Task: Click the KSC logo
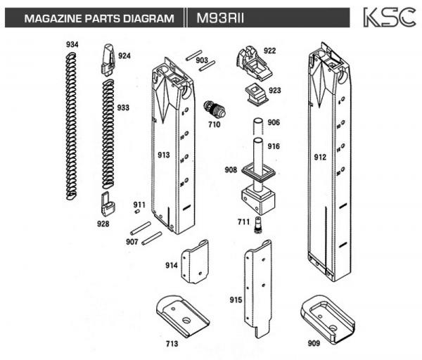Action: point(388,18)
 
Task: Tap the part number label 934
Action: point(72,45)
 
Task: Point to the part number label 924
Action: point(124,56)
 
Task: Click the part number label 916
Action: point(274,146)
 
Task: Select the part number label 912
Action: point(320,157)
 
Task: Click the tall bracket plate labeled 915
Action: point(257,288)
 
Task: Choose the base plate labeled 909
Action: point(327,314)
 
